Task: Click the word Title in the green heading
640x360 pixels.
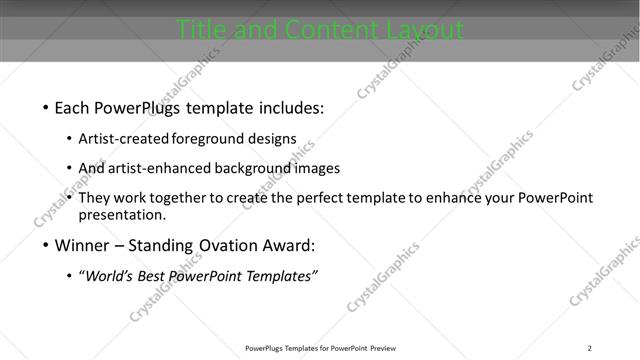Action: point(200,31)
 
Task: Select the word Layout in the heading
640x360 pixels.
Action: point(420,31)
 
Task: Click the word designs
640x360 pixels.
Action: point(274,139)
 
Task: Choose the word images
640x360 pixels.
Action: point(318,168)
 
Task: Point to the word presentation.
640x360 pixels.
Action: point(121,214)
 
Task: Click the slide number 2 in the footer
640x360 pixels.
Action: point(590,348)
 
